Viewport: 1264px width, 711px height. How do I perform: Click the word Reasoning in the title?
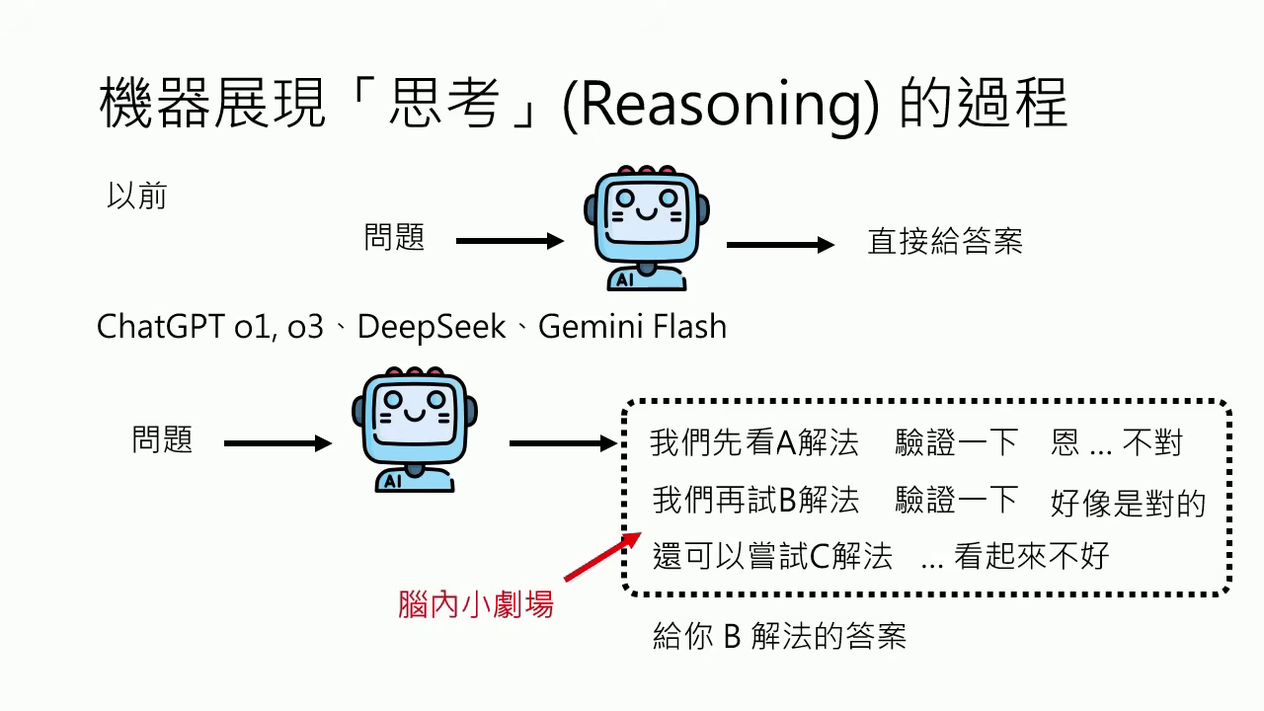point(719,107)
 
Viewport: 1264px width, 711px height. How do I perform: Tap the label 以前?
point(136,197)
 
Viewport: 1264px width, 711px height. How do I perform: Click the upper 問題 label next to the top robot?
point(394,238)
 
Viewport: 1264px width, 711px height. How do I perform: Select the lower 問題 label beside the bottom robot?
point(162,439)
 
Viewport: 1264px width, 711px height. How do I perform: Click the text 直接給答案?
point(944,242)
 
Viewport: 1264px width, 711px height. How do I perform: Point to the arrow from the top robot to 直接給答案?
point(780,245)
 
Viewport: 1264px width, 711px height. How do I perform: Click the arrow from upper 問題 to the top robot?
point(509,241)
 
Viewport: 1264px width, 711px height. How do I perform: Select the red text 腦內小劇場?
point(476,603)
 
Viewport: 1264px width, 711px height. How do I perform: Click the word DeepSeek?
point(432,327)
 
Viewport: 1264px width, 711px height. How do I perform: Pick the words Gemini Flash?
point(632,327)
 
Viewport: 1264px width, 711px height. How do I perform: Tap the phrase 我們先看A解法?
point(753,442)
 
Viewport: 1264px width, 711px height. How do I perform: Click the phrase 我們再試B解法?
point(755,500)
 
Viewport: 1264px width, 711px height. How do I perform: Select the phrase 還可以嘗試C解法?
point(772,556)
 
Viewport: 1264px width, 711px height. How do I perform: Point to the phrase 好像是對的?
point(1128,503)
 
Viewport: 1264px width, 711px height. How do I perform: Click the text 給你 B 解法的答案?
point(779,636)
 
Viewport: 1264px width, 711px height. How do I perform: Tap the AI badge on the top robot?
point(624,280)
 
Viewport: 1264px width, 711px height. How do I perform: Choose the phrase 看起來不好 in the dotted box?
point(1031,556)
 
